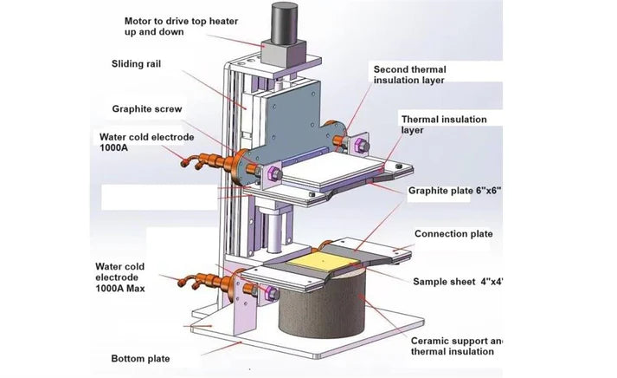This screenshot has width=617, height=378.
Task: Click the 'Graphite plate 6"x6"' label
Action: pyautogui.click(x=454, y=189)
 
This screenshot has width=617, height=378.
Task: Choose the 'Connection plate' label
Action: pyautogui.click(x=453, y=234)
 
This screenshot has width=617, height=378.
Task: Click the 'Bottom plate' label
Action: pyautogui.click(x=140, y=358)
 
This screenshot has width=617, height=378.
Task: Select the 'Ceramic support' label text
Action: pyautogui.click(x=455, y=340)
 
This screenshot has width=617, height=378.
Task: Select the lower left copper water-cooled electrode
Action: pyautogui.click(x=208, y=282)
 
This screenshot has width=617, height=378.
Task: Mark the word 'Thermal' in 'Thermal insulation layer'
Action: pyautogui.click(x=420, y=119)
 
